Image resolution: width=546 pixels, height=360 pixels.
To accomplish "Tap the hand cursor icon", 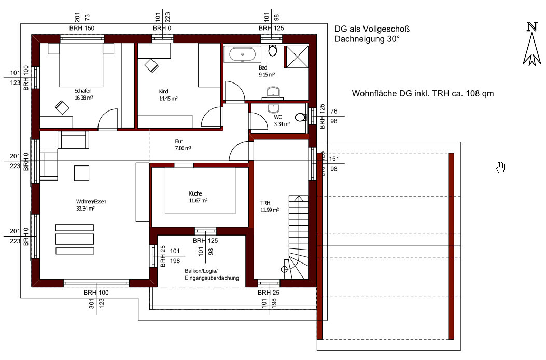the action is click(500, 167).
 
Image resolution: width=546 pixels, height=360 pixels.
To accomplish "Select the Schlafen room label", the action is click(83, 91).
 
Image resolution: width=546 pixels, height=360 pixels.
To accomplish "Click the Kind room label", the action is click(164, 92).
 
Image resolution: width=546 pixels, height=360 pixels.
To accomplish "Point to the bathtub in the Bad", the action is click(242, 54).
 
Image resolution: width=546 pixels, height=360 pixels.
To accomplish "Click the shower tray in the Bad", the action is click(297, 57).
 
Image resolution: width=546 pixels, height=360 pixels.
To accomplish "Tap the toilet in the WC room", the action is click(301, 117).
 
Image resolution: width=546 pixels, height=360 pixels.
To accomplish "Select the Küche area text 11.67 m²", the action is click(199, 200).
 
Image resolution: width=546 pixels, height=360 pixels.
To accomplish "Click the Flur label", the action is click(179, 141).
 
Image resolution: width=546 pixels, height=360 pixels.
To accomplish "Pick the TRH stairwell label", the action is click(265, 203).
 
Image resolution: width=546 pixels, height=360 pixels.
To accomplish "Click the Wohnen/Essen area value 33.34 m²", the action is click(86, 209).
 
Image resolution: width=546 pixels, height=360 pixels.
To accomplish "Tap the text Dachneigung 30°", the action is click(367, 39).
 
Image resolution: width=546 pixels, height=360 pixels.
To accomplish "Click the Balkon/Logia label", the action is click(201, 271).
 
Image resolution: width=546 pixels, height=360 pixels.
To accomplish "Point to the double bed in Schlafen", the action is click(81, 65).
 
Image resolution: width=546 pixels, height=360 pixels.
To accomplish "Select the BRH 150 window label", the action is click(82, 28).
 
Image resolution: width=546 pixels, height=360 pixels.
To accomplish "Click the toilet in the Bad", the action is click(273, 50).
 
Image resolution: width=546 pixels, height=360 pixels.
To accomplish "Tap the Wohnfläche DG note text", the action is click(423, 93).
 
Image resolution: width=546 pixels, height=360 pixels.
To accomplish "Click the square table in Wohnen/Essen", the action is click(81, 173).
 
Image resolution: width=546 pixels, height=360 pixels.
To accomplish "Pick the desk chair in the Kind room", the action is click(151, 65).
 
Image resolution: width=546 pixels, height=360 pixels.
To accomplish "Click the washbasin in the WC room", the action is click(273, 107).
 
